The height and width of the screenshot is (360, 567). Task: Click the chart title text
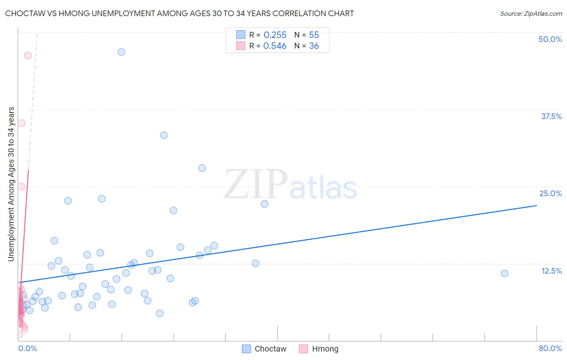[179, 13]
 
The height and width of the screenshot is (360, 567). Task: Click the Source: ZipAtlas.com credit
[531, 13]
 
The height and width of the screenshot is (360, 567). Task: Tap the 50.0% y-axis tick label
[550, 39]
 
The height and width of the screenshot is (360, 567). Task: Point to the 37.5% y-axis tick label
[551, 116]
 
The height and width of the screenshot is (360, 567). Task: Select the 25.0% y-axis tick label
[550, 193]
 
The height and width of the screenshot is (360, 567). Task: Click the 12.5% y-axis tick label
[551, 271]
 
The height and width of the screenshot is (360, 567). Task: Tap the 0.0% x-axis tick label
[27, 348]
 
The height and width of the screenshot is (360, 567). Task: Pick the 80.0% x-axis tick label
[550, 348]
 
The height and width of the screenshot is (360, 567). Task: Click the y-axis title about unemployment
[11, 184]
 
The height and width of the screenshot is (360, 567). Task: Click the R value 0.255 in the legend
[275, 35]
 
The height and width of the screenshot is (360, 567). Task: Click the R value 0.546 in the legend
[275, 46]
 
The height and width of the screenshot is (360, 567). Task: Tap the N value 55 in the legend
[314, 35]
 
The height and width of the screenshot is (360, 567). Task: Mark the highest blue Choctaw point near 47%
[121, 52]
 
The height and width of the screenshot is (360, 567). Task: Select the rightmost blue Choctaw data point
[504, 273]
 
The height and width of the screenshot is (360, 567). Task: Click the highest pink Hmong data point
[28, 55]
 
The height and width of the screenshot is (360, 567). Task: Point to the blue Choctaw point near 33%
[164, 135]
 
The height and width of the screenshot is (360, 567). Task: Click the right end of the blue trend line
[536, 206]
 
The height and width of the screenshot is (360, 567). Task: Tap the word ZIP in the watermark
[255, 185]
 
